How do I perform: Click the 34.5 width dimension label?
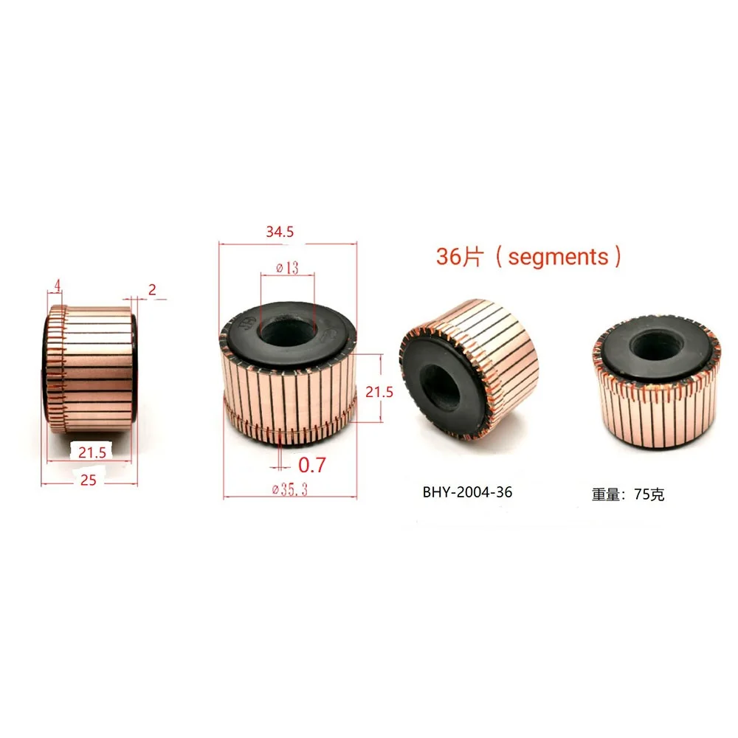coord(280,232)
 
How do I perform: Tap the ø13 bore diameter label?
coord(287,268)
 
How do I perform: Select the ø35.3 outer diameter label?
coord(289,489)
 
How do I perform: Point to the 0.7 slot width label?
coord(312,465)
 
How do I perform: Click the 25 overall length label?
coord(88,480)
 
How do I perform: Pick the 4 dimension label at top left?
coord(58,285)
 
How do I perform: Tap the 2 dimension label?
coord(152,289)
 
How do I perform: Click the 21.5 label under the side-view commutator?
coord(92,452)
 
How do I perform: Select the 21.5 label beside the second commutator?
coord(379,392)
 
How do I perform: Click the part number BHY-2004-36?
coord(467,492)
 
